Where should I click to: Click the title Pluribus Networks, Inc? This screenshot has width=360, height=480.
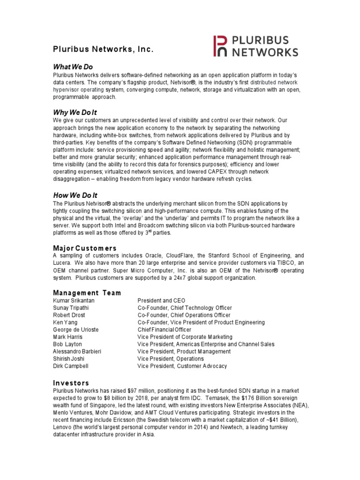coord(103,49)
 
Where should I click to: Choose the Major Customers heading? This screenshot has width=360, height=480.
coord(85,247)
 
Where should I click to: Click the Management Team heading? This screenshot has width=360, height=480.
coord(87,292)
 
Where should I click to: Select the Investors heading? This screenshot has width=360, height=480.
coord(71,383)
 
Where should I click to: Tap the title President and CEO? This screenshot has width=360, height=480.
coord(161,300)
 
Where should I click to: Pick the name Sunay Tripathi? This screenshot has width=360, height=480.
coord(71,308)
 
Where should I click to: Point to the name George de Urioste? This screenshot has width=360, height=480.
coord(76,330)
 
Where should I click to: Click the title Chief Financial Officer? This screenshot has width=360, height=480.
coord(165,330)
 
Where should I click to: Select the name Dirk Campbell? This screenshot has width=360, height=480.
coord(70,366)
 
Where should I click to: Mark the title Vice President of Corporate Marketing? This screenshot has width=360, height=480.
coord(185,337)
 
